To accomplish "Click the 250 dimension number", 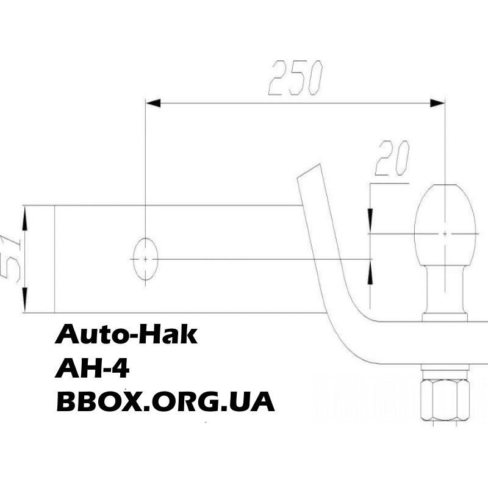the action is pyautogui.click(x=296, y=78).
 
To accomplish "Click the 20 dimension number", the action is pyautogui.click(x=393, y=158).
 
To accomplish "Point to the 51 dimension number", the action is pyautogui.click(x=10, y=258).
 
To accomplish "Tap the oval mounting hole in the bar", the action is pyautogui.click(x=145, y=259).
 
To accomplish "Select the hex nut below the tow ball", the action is pyautogui.click(x=445, y=400).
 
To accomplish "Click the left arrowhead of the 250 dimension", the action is pyautogui.click(x=153, y=103).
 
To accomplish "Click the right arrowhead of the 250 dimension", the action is pyautogui.click(x=437, y=103).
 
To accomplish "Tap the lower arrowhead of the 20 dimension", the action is pyautogui.click(x=370, y=271).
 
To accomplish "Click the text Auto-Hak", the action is pyautogui.click(x=126, y=334).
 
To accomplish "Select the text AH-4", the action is pyautogui.click(x=92, y=368).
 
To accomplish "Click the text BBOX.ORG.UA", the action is pyautogui.click(x=165, y=402).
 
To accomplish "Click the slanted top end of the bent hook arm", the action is pyautogui.click(x=309, y=171).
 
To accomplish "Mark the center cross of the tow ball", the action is pyautogui.click(x=445, y=234).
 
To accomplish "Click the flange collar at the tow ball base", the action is pyautogui.click(x=445, y=317).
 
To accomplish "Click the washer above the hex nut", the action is pyautogui.click(x=445, y=375).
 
